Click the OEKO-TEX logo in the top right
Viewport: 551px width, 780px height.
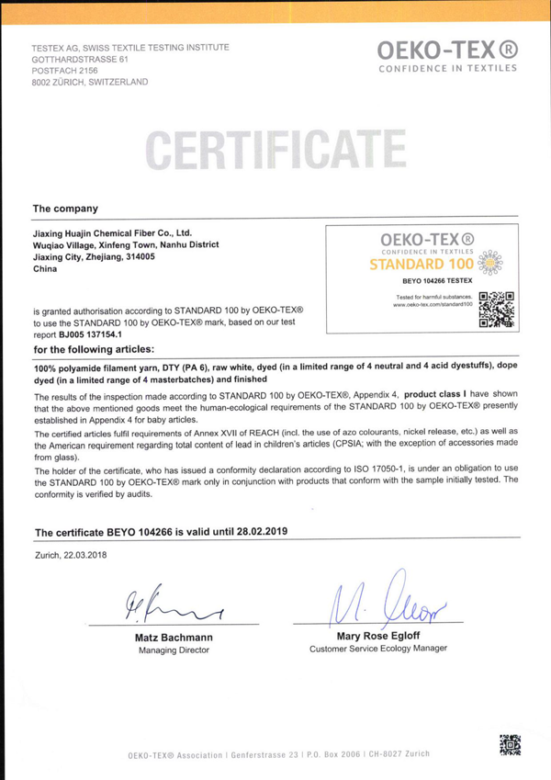click(x=447, y=54)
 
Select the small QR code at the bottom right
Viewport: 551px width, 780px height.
click(x=510, y=745)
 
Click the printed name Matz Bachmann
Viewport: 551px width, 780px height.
click(x=174, y=636)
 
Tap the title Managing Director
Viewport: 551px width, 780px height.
click(x=174, y=650)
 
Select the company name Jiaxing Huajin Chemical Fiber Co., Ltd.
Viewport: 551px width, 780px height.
click(x=111, y=233)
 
